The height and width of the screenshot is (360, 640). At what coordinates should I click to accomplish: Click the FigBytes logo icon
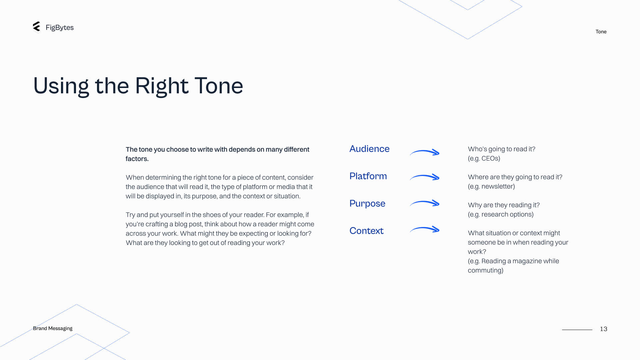click(x=37, y=27)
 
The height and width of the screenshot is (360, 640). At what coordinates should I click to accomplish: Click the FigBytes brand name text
click(x=60, y=28)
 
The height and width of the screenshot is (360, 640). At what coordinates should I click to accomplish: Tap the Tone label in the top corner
click(x=601, y=32)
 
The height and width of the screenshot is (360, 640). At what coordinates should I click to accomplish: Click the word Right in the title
click(x=162, y=86)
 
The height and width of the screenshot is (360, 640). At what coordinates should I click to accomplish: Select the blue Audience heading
click(x=369, y=149)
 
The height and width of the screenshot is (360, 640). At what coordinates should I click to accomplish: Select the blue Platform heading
click(x=368, y=176)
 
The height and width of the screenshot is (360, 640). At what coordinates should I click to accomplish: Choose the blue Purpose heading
click(x=367, y=204)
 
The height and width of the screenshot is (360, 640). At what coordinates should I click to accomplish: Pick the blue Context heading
click(x=366, y=231)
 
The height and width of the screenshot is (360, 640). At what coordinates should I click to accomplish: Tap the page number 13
click(x=604, y=329)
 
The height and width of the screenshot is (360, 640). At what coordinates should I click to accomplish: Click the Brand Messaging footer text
click(x=53, y=328)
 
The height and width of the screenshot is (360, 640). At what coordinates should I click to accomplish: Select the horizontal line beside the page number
click(x=577, y=330)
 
